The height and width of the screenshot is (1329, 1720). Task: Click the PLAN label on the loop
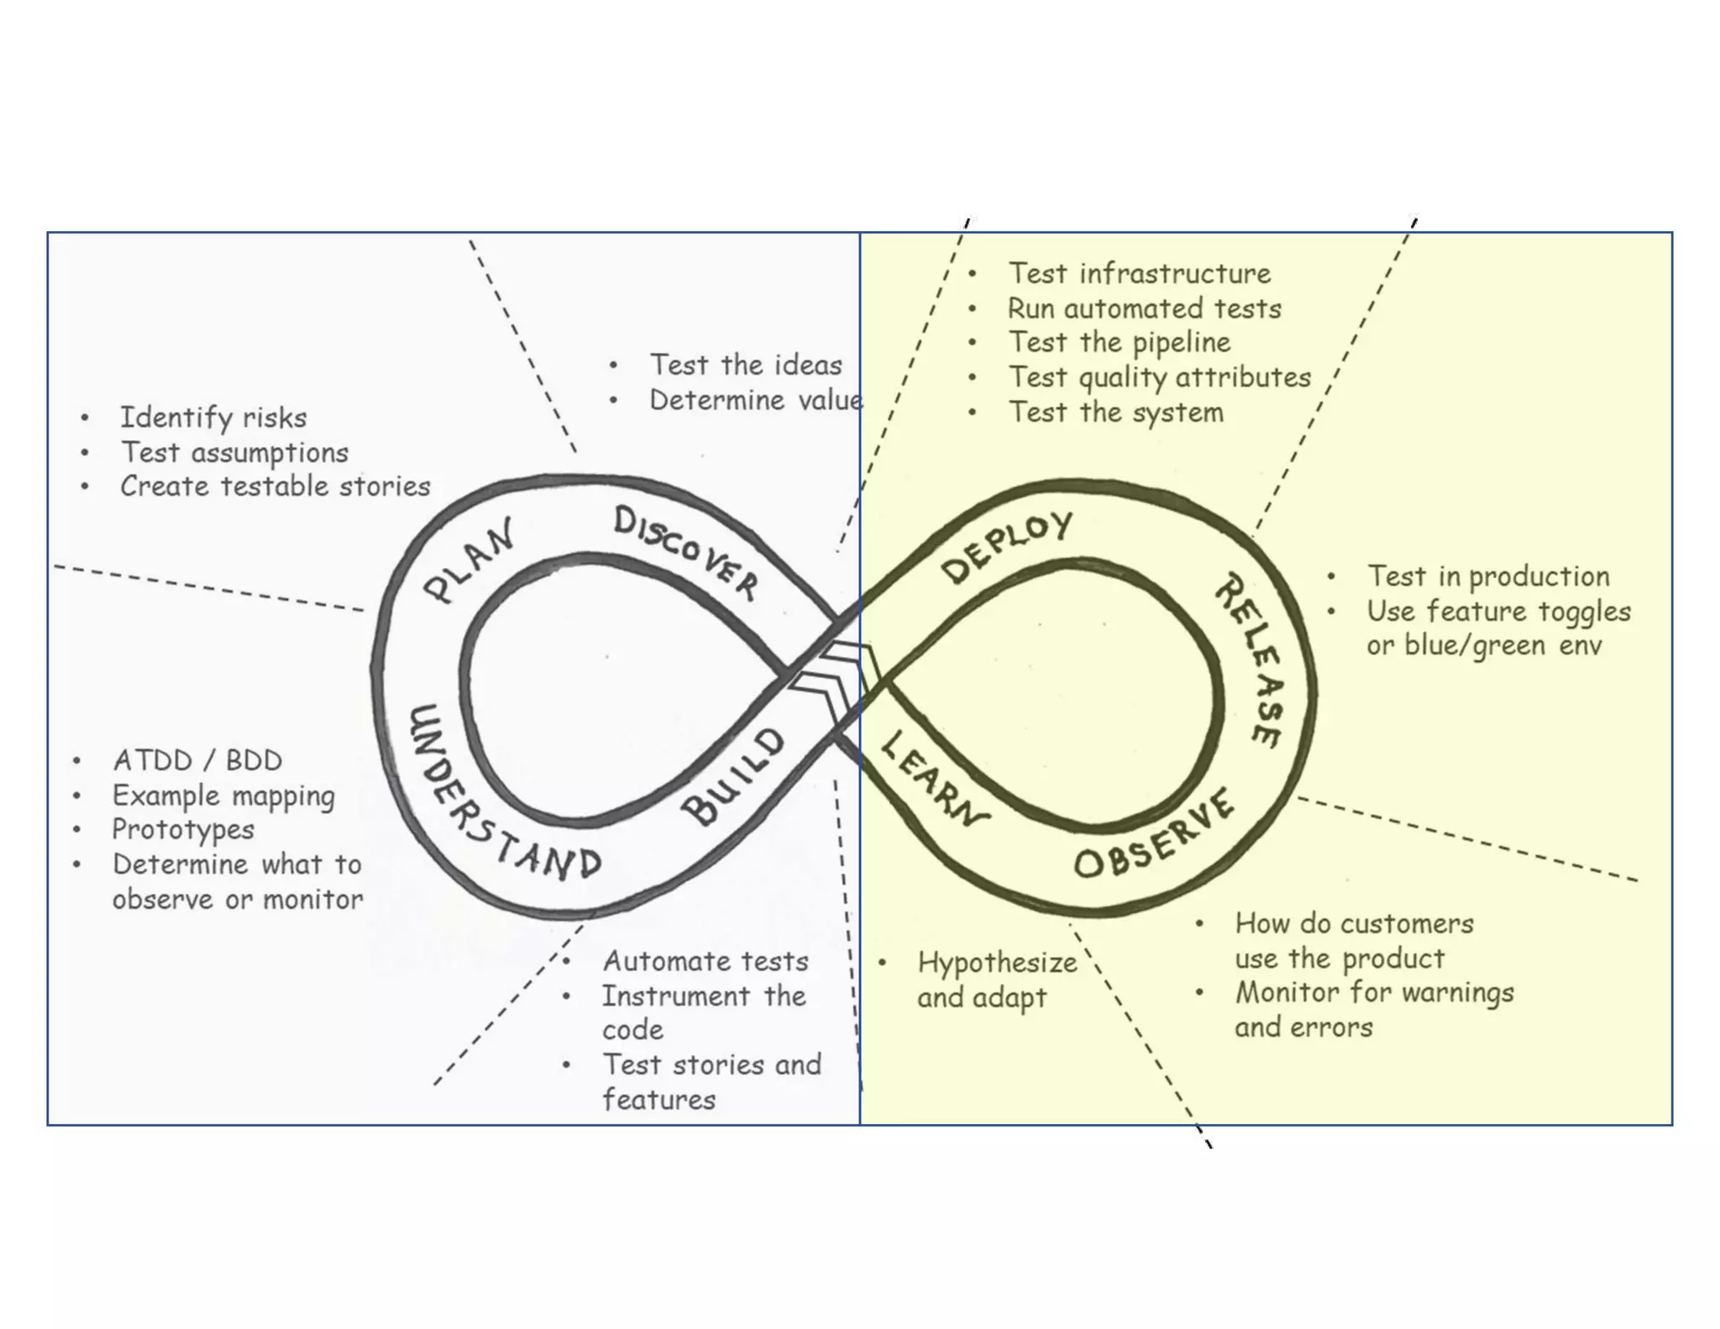tap(469, 561)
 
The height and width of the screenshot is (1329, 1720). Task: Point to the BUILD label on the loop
tap(734, 776)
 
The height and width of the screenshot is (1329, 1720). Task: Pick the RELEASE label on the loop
tap(1251, 660)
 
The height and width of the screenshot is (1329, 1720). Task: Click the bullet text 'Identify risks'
tap(213, 418)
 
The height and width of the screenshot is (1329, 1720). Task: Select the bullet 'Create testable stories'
tap(275, 486)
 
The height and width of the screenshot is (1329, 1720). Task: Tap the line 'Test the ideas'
tap(745, 365)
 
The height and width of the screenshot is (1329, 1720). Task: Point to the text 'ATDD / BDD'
tap(197, 760)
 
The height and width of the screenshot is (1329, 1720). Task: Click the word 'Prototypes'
tap(183, 830)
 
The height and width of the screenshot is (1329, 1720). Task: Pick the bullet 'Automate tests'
tap(705, 961)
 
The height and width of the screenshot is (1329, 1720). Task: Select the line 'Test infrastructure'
tap(1140, 274)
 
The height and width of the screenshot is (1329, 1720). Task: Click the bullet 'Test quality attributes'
tap(1159, 378)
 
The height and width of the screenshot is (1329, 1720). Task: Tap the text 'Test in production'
tap(1488, 576)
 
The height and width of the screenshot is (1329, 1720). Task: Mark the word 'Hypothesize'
tap(997, 963)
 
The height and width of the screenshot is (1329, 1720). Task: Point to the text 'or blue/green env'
tap(1484, 646)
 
